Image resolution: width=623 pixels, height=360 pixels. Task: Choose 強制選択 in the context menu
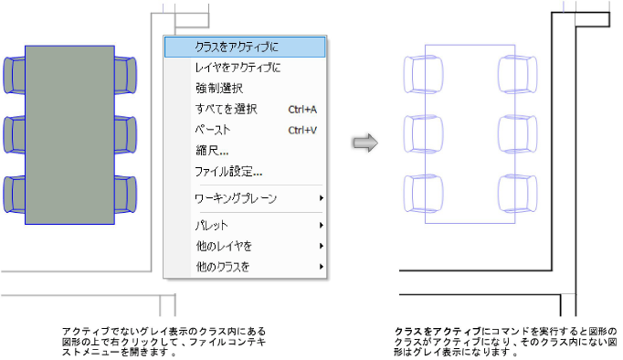point(218,88)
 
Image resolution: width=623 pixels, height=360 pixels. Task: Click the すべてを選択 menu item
point(226,109)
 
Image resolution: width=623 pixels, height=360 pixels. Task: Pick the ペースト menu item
point(212,130)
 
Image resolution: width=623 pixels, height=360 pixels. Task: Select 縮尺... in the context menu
point(212,150)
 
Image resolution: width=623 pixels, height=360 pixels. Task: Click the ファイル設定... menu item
point(228,171)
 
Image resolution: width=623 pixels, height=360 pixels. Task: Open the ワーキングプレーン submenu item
point(235,197)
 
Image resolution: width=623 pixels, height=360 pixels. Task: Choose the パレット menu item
point(212,225)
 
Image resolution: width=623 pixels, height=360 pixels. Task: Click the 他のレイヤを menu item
point(224,246)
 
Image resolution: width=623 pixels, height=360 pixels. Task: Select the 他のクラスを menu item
point(224,267)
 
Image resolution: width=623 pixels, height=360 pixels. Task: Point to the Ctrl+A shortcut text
point(302,109)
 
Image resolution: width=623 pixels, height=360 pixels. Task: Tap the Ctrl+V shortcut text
point(302,130)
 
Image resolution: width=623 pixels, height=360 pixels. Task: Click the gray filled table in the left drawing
point(69,134)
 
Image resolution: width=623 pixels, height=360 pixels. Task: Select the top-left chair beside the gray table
point(14,73)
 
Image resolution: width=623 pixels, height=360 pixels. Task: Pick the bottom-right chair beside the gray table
point(125,194)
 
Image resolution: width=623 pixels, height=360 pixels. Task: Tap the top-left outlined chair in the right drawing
point(416,72)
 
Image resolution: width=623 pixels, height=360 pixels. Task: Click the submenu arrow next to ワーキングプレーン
point(321,197)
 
